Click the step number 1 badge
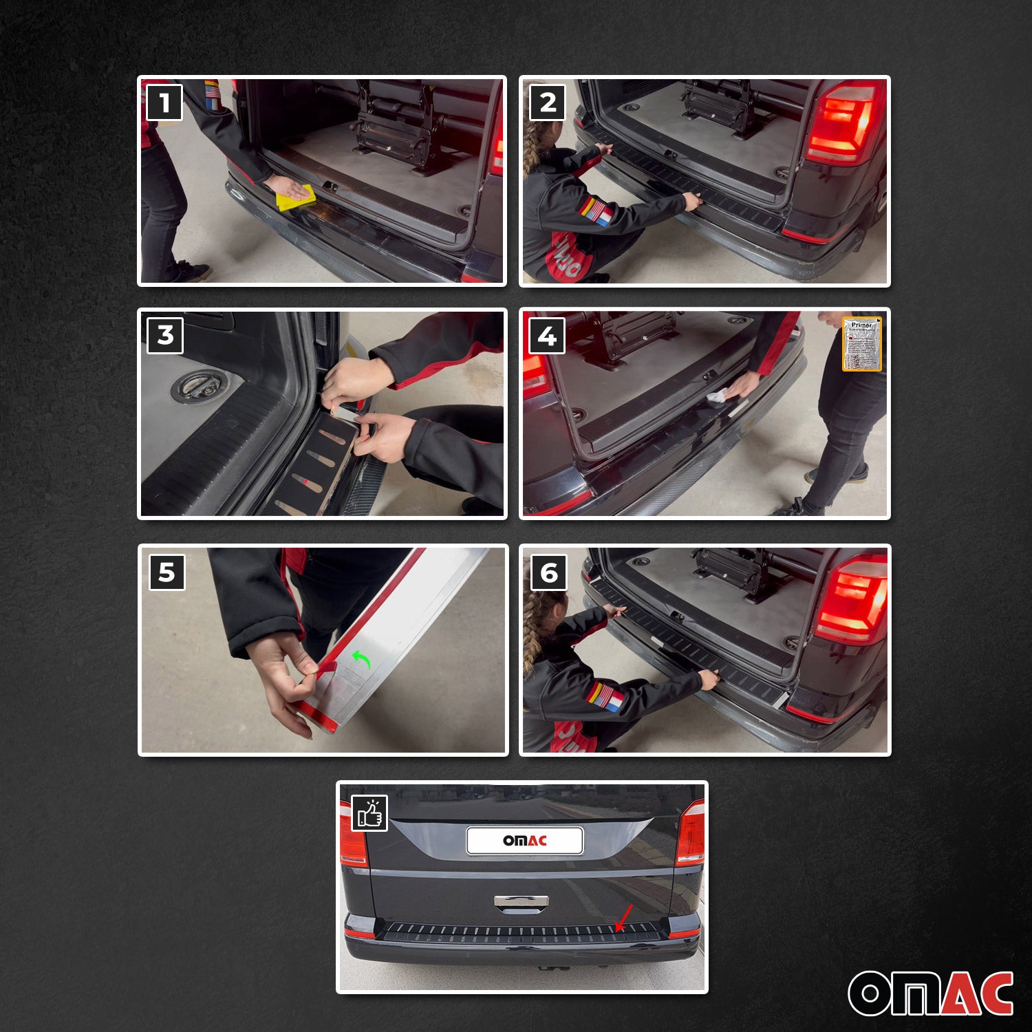(x=164, y=103)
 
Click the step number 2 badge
(x=548, y=103)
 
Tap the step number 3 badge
(x=165, y=336)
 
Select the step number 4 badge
(x=547, y=336)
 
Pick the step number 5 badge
(x=167, y=572)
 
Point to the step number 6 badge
(x=549, y=573)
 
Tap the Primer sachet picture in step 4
(x=861, y=344)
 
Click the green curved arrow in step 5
(x=362, y=659)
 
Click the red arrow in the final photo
(x=624, y=918)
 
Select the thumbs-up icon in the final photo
(x=369, y=813)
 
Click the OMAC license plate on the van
(x=525, y=841)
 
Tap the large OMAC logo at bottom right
(x=930, y=993)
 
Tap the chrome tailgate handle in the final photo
(x=522, y=902)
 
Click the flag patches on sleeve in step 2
(x=595, y=211)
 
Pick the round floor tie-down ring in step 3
(x=195, y=385)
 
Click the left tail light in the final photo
(x=353, y=834)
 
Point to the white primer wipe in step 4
(x=718, y=396)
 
